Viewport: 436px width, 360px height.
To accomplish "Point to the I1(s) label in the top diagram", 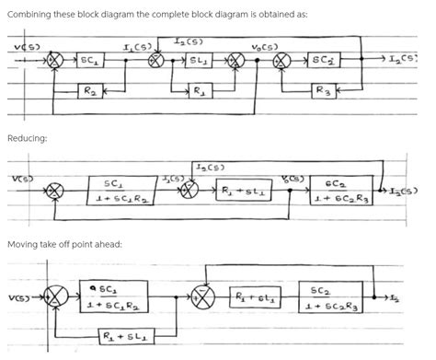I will pos(137,45).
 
